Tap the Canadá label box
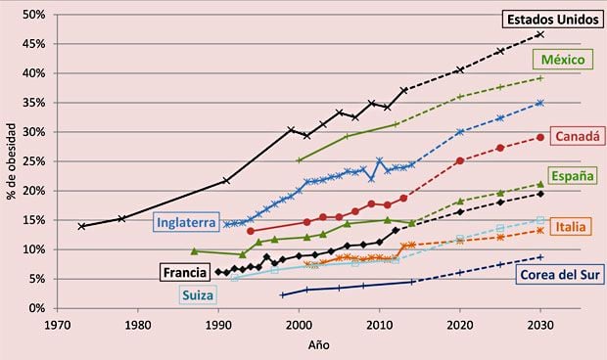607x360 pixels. click(577, 138)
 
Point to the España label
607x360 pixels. click(574, 176)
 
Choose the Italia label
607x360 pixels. click(570, 227)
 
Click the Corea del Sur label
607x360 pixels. click(555, 273)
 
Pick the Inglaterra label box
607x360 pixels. click(185, 222)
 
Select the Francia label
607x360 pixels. click(185, 272)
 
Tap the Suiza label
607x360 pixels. click(199, 294)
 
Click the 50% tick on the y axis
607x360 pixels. click(32, 15)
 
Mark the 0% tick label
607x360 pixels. click(35, 308)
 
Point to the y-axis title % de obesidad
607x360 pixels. click(11, 160)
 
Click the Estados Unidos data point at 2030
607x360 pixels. click(540, 34)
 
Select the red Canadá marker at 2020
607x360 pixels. click(460, 160)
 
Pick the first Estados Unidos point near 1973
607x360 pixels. click(81, 226)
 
